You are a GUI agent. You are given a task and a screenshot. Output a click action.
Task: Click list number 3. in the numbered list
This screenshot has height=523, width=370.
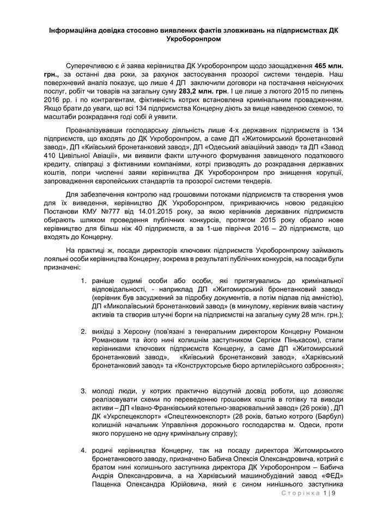coord(83,391)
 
